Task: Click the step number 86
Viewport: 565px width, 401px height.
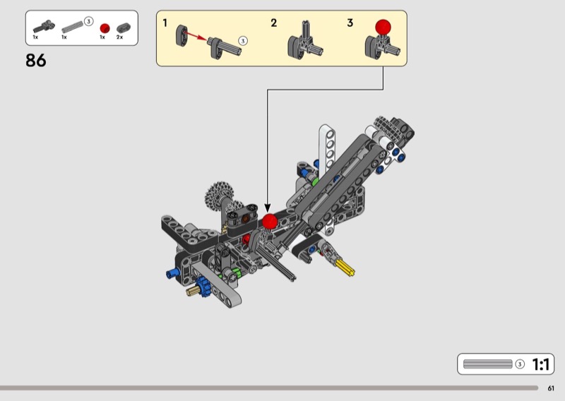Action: (36, 60)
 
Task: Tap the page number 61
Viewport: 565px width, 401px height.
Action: (551, 388)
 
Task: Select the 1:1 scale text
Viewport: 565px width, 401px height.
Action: (541, 364)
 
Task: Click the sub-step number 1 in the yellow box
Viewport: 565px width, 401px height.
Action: (165, 23)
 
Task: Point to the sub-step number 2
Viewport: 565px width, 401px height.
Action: (274, 23)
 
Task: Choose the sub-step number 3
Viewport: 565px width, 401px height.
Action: (350, 23)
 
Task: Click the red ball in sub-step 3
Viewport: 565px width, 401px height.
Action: (383, 28)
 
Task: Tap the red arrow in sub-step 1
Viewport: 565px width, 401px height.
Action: (196, 36)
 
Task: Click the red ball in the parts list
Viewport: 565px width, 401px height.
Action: (105, 28)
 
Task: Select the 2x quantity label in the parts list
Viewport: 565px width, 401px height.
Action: (119, 37)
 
